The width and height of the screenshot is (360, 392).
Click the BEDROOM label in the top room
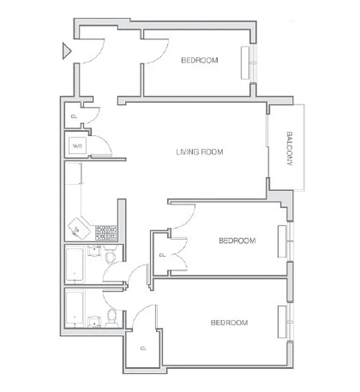tap(200, 60)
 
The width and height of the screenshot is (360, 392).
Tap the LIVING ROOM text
tap(200, 152)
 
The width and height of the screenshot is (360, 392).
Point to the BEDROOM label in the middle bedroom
tap(237, 241)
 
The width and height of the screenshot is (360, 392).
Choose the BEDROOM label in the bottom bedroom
tap(229, 322)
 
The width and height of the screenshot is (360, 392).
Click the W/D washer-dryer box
tap(77, 146)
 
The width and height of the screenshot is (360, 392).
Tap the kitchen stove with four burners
tap(105, 232)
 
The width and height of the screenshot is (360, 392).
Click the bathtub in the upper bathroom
tap(74, 265)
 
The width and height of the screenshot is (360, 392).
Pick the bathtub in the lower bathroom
tap(74, 310)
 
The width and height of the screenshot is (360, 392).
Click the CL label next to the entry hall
tap(74, 117)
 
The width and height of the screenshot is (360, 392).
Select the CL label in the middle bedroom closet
tap(162, 255)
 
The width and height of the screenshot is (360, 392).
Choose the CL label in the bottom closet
tap(143, 348)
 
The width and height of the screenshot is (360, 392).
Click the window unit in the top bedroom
tap(245, 62)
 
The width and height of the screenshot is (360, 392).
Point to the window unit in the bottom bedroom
tap(282, 322)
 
